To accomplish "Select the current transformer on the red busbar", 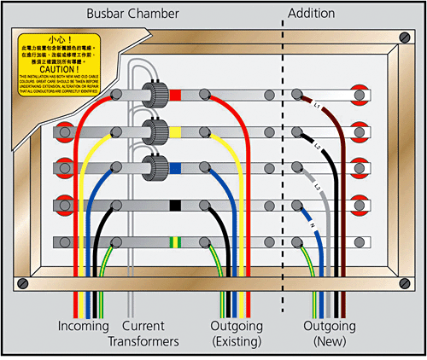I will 155,95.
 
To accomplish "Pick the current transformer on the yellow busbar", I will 155,132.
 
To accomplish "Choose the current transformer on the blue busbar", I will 155,167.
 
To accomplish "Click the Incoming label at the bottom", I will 83,327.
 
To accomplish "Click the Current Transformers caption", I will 143,334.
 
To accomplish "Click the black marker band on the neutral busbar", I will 175,205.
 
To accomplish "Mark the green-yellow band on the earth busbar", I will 175,241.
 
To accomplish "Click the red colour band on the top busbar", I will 175,95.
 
